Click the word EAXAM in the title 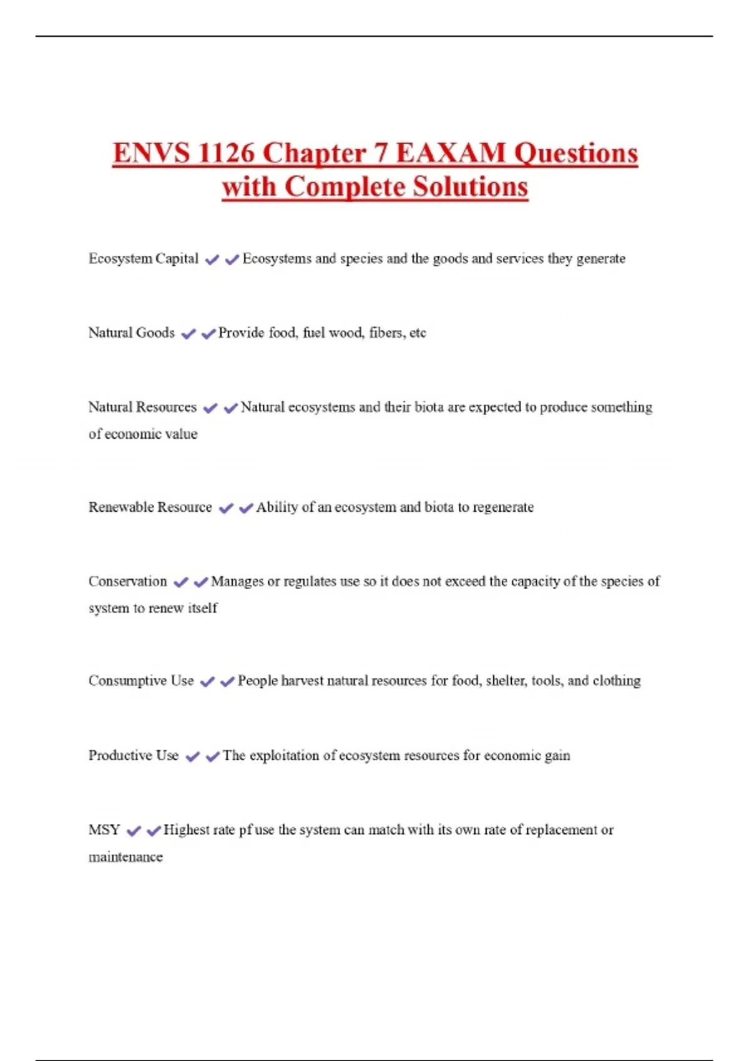point(451,154)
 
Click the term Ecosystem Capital point(144,258)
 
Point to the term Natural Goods point(132,333)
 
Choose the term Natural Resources point(142,407)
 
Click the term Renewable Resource point(150,507)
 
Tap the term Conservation point(128,581)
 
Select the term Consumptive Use point(141,680)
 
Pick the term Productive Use point(134,755)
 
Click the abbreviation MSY point(104,829)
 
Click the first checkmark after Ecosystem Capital point(212,260)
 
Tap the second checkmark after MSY point(154,831)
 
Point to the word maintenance point(125,857)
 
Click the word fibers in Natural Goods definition point(385,333)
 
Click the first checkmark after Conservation point(181,582)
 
